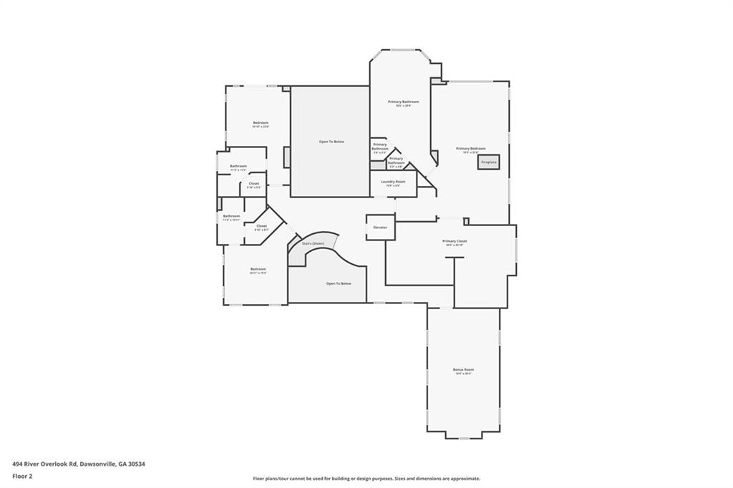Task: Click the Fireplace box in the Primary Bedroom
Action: point(489,162)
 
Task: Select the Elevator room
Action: point(379,228)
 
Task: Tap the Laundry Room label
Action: point(393,182)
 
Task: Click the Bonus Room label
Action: point(463,370)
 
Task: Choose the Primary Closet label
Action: point(455,242)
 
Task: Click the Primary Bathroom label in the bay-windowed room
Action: point(403,102)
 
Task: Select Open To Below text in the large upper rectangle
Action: point(331,142)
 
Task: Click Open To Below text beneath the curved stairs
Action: point(339,284)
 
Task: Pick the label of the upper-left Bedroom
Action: point(261,123)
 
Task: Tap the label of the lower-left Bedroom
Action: point(258,269)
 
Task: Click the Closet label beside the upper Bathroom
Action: point(254,183)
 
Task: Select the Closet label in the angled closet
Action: point(261,226)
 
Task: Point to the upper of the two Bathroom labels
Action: point(238,167)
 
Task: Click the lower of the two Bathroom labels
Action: point(231,216)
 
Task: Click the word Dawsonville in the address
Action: point(97,464)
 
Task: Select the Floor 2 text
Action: point(24,475)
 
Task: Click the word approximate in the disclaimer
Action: point(463,479)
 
